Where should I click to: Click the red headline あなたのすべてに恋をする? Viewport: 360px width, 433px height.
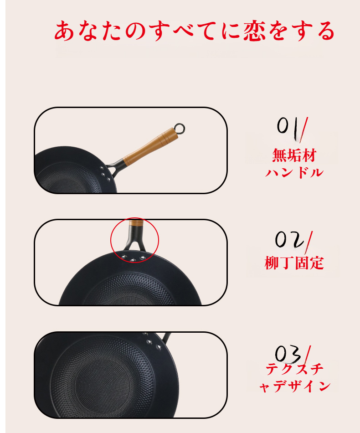(195, 31)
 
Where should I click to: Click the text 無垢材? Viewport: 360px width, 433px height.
(293, 155)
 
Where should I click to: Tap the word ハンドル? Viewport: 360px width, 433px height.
(294, 173)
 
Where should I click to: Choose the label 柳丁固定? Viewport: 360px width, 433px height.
(294, 263)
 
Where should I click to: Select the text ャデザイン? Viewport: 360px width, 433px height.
(294, 387)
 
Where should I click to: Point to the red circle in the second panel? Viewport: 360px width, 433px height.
(135, 240)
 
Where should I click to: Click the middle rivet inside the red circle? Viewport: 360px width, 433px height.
(134, 260)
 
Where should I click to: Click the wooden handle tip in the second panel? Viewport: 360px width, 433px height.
(135, 223)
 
